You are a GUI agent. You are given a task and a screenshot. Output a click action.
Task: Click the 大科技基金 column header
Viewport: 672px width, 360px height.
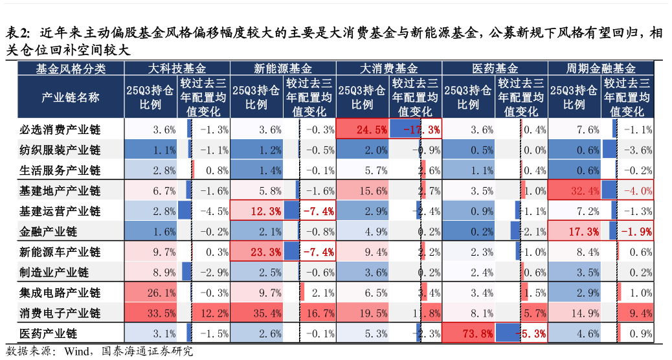click(177, 68)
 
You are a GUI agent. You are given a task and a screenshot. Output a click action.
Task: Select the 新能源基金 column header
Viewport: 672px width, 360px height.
click(283, 68)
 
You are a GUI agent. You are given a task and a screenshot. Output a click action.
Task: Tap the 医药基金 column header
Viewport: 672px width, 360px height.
click(495, 68)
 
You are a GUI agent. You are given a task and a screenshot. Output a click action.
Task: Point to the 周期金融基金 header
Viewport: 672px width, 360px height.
click(601, 68)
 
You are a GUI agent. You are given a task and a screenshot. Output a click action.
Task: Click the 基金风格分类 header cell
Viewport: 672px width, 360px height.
click(71, 68)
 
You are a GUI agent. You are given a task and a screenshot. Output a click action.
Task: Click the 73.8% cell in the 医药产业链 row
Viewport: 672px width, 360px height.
click(469, 333)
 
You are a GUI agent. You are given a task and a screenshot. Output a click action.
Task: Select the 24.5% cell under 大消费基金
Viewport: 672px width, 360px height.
click(363, 129)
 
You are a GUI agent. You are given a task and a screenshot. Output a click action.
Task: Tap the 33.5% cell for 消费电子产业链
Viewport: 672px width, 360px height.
click(151, 313)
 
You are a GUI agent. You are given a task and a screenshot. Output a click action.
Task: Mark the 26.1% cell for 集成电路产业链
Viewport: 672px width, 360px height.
click(151, 293)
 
